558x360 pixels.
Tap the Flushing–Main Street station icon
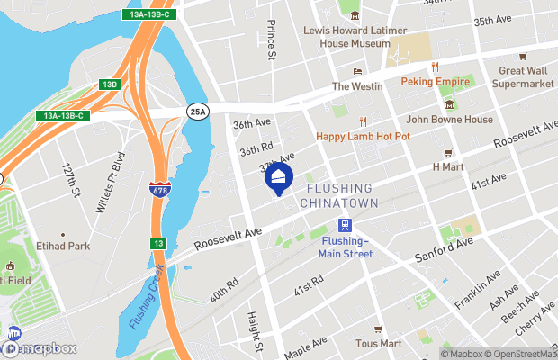click(344, 225)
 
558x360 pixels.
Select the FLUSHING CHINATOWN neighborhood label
click(339, 196)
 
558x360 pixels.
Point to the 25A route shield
click(198, 112)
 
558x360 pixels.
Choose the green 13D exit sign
click(110, 85)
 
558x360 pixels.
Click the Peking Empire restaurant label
click(436, 82)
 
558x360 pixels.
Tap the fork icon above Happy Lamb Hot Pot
click(364, 121)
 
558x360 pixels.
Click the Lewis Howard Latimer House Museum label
click(355, 36)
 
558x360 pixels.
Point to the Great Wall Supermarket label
click(523, 76)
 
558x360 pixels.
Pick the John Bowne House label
click(449, 119)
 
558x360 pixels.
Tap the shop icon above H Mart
click(447, 153)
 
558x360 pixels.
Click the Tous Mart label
click(378, 343)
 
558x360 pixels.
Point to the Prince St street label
click(271, 42)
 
